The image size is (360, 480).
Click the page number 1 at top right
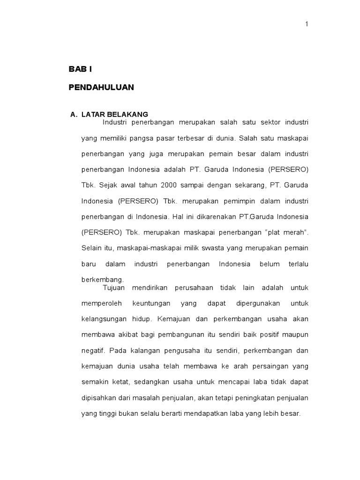coord(307,24)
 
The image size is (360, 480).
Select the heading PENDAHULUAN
coord(101,87)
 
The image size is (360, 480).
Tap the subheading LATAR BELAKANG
coord(114,114)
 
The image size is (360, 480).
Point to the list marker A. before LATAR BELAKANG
coord(73,114)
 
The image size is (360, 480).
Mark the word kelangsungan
coord(104,319)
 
